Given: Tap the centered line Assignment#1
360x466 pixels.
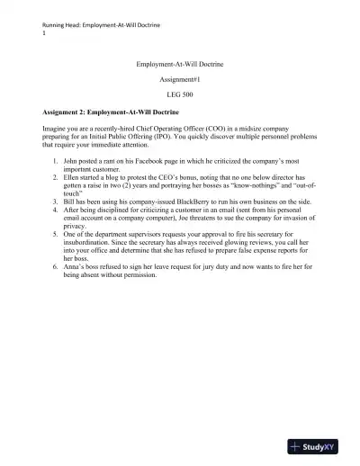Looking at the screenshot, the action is pyautogui.click(x=180, y=79).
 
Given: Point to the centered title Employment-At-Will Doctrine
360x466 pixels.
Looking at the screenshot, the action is pyautogui.click(x=180, y=65).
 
